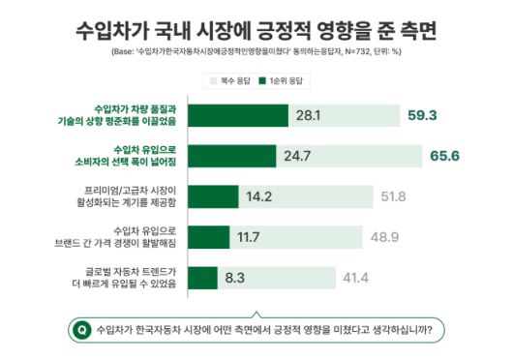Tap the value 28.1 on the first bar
click(308, 114)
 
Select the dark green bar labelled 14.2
click(213, 195)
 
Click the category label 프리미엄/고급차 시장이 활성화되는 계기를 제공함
click(134, 195)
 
